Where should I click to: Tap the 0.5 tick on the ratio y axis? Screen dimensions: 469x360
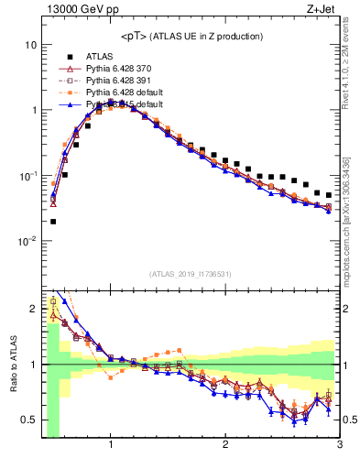click(30, 420)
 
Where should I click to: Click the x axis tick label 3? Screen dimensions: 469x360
click(339, 445)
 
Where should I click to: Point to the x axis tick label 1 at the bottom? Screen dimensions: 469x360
click(111, 445)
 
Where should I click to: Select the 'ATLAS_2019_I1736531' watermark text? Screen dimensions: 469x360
click(191, 274)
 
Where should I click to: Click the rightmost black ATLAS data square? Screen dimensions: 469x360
click(329, 195)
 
